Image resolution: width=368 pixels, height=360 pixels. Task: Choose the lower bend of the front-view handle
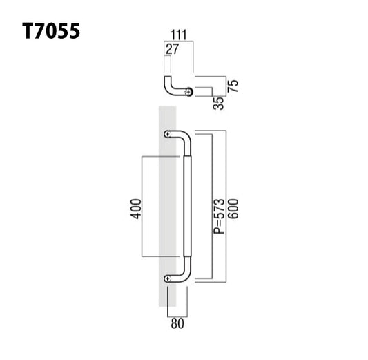tap(184, 274)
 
